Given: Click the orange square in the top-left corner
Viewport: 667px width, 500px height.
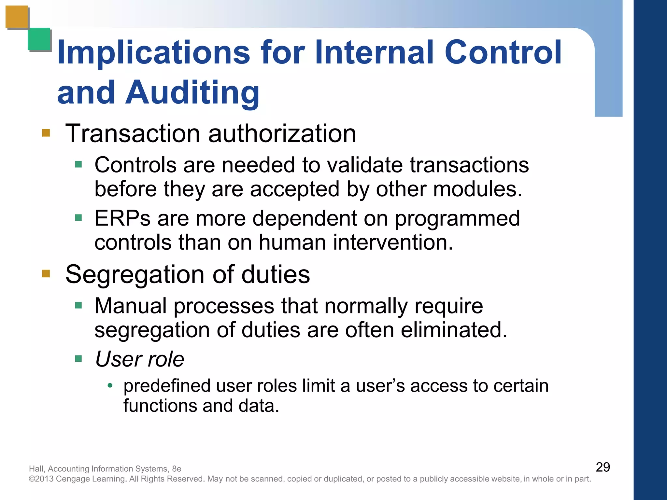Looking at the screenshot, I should (17, 17).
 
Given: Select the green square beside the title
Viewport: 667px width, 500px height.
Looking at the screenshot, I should (39, 39).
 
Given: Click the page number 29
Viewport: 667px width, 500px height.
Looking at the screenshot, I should (603, 467).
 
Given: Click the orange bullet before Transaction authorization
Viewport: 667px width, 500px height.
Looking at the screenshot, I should (46, 133).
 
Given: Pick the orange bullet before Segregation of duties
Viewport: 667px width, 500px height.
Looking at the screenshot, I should (46, 273).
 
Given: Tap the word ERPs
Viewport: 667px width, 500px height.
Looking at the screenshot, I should (122, 218).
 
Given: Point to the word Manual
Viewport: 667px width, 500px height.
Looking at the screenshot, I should (130, 306).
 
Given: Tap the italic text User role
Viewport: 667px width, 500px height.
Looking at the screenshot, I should (139, 359).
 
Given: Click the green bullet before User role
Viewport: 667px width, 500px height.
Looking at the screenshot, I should (78, 359).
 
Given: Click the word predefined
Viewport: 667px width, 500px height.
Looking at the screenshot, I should (167, 386).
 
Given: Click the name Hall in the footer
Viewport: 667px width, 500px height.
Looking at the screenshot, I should (36, 469).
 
